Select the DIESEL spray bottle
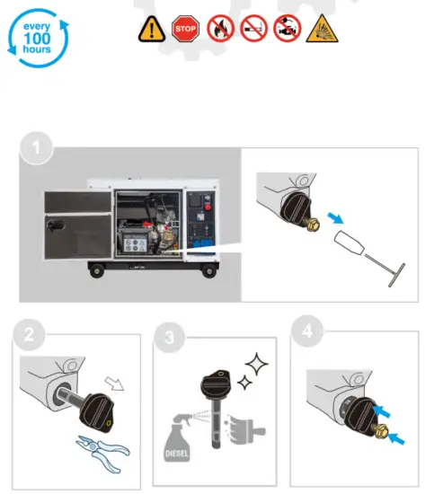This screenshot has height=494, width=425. click(x=185, y=439)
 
